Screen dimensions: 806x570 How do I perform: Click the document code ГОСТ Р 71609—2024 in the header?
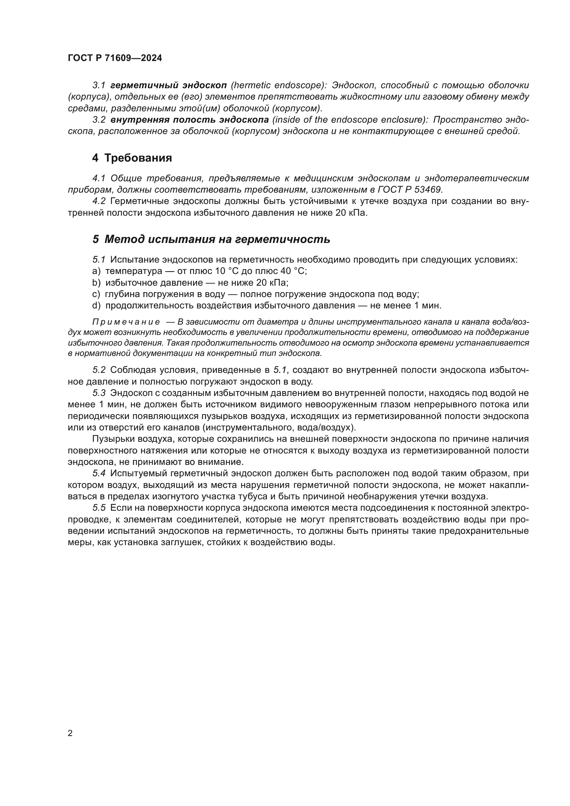click(x=115, y=58)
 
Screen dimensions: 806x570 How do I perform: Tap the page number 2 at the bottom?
click(x=70, y=733)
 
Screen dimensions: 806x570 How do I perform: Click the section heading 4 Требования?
click(x=132, y=158)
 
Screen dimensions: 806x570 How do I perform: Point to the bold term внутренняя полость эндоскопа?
click(x=190, y=120)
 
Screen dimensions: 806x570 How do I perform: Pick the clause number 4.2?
click(x=99, y=201)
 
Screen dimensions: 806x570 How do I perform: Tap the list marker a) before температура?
click(x=96, y=271)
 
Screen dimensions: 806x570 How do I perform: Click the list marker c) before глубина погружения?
click(x=96, y=294)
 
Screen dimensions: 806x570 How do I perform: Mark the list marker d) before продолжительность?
click(x=96, y=305)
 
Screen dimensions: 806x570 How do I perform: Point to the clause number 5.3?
click(x=99, y=393)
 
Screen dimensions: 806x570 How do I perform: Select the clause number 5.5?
click(x=99, y=508)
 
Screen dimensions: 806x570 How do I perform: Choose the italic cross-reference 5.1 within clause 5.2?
click(x=280, y=370)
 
